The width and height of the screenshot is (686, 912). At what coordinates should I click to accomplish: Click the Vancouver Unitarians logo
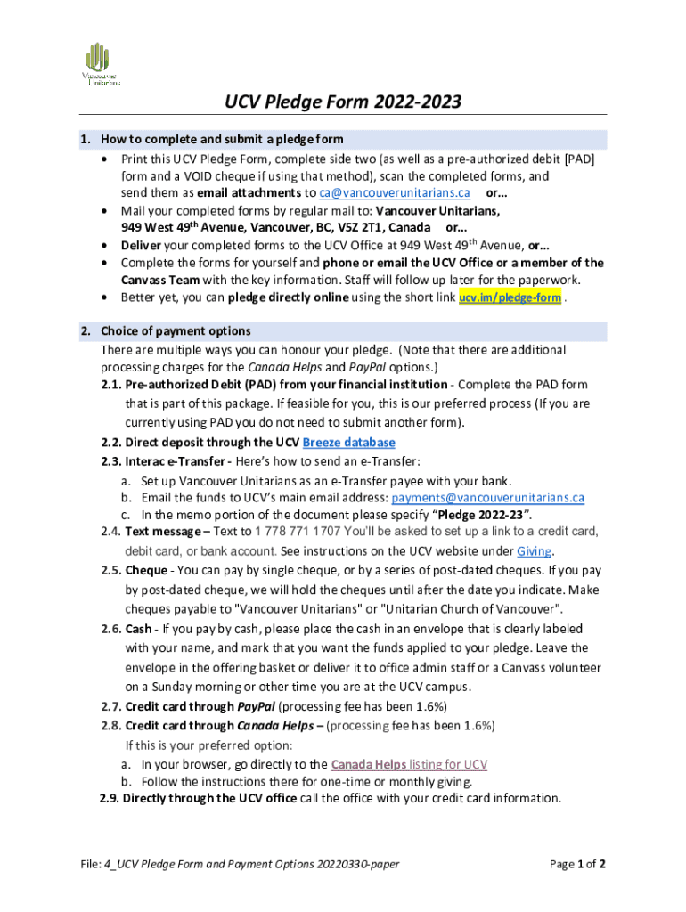(x=101, y=64)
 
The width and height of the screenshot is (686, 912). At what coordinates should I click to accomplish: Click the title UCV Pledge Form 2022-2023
(x=342, y=102)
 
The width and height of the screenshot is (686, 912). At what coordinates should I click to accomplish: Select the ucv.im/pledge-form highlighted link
(x=510, y=297)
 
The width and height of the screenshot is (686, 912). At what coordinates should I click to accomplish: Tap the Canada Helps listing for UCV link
(x=409, y=764)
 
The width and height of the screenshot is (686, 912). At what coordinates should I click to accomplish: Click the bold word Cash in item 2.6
(x=138, y=629)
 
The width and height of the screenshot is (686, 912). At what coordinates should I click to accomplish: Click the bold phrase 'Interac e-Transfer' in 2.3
(x=179, y=460)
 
